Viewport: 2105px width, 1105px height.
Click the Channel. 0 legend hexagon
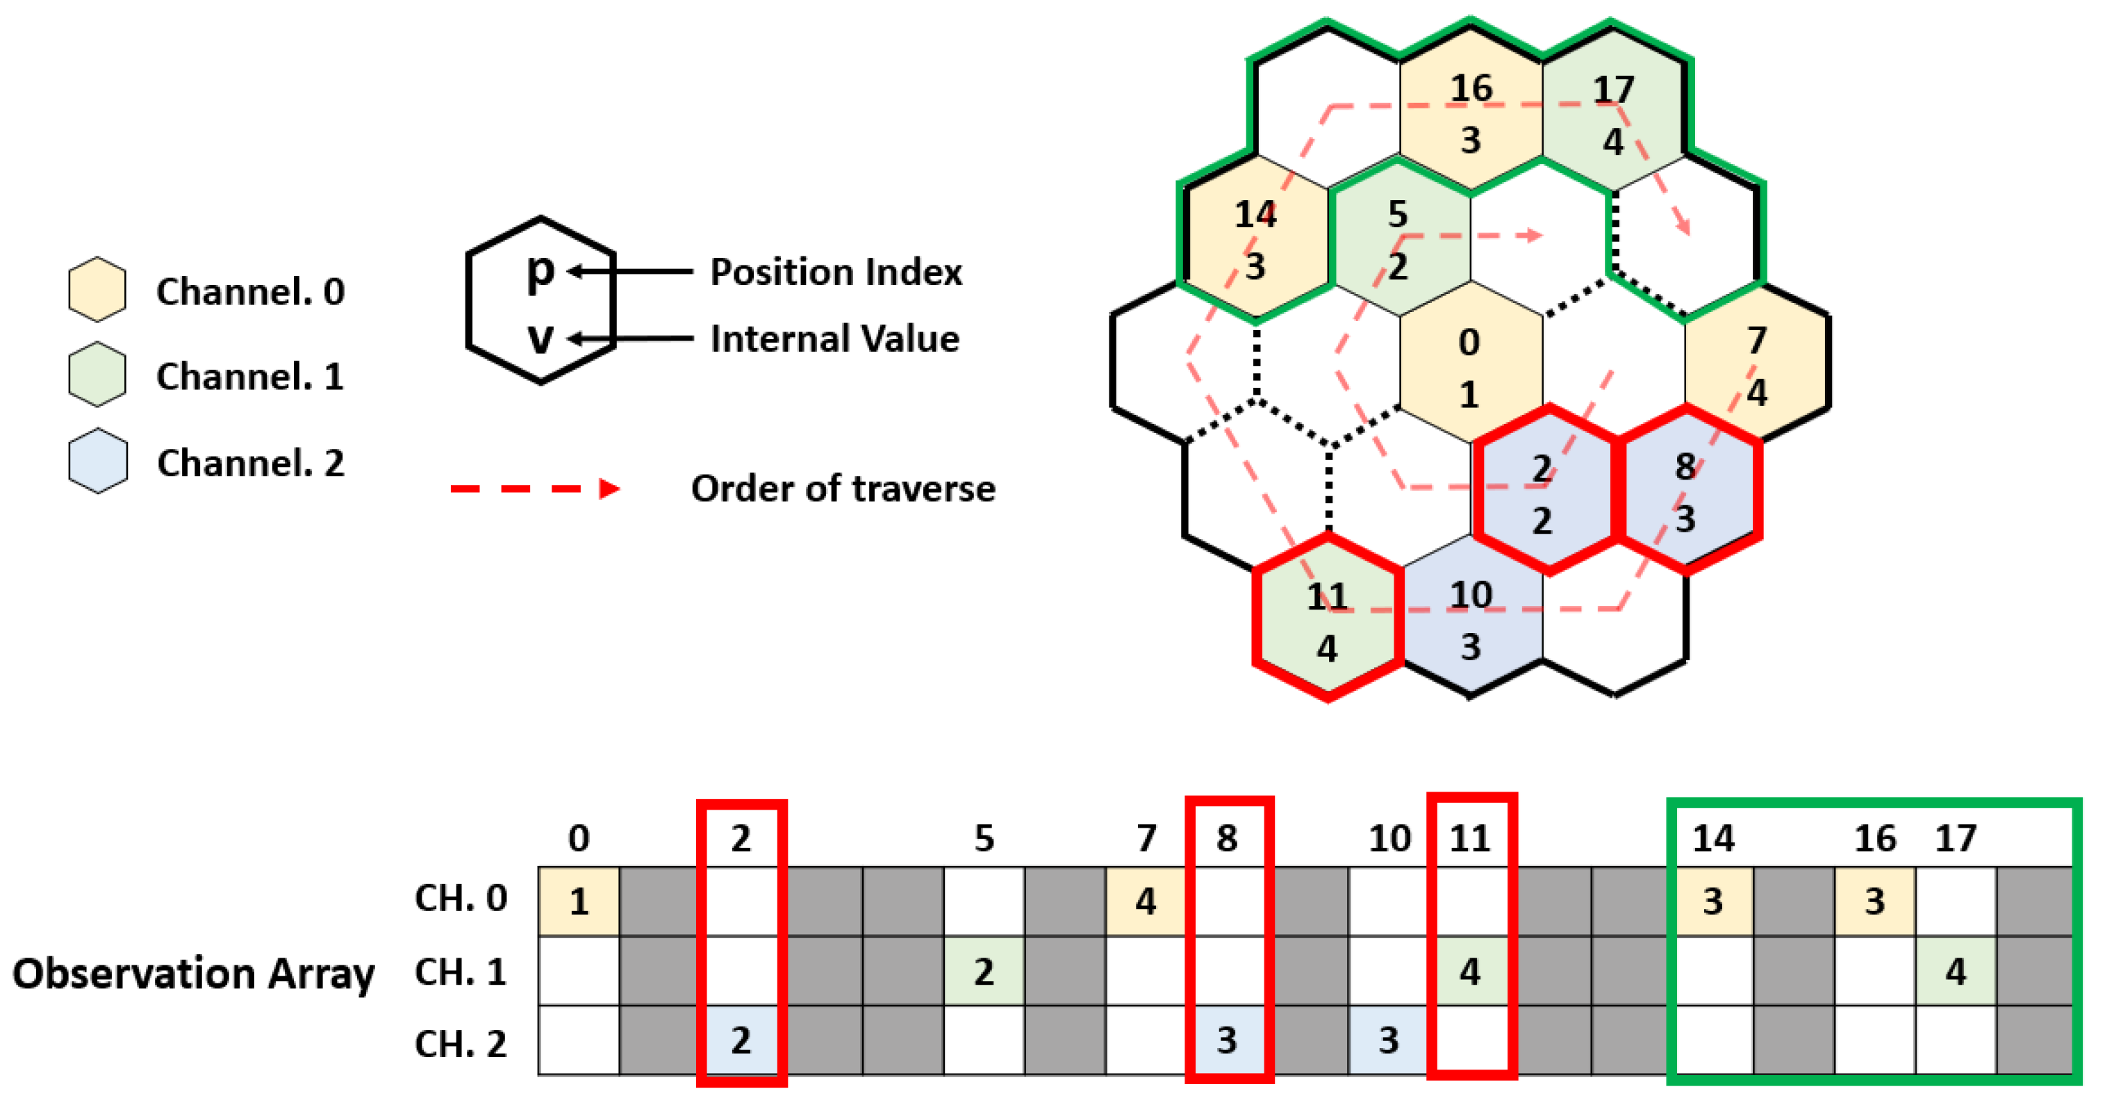click(97, 289)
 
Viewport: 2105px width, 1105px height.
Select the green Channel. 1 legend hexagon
click(97, 375)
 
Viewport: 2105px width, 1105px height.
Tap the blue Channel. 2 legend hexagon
click(97, 461)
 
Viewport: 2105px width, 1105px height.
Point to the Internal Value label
click(834, 338)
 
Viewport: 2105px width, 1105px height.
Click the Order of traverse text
click(843, 489)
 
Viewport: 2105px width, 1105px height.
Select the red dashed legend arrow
click(535, 489)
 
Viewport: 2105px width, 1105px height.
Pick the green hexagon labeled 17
click(1613, 115)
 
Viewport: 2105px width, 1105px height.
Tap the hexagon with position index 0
click(1469, 367)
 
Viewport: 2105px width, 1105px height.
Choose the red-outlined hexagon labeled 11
click(1327, 621)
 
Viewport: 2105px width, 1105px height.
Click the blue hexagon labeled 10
click(1471, 619)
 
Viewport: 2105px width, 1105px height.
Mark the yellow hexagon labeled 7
click(1756, 366)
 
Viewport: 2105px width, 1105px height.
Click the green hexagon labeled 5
click(1398, 240)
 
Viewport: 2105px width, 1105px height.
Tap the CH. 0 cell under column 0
click(579, 901)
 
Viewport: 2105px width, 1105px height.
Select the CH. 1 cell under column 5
click(984, 971)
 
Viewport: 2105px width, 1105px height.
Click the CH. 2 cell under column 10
click(1388, 1040)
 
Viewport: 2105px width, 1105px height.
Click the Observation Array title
click(194, 972)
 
